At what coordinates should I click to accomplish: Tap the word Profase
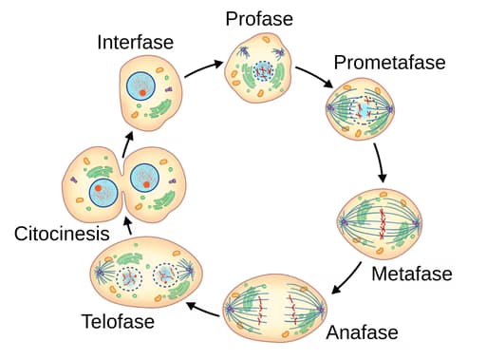[x=258, y=18]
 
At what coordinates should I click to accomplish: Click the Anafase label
[x=362, y=333]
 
